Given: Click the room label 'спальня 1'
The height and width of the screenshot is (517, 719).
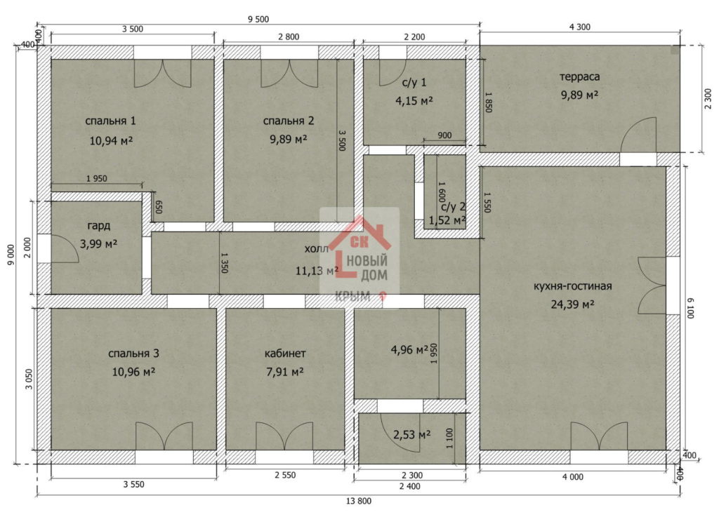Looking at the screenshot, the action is (110, 121).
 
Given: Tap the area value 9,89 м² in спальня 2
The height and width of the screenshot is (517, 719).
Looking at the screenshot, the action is (289, 139).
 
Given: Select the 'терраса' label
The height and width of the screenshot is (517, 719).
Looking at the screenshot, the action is (579, 77).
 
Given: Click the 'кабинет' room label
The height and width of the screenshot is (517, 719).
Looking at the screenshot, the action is (285, 354).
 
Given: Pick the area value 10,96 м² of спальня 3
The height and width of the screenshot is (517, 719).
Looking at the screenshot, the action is (133, 371).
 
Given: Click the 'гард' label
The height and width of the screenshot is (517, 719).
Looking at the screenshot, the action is (98, 226).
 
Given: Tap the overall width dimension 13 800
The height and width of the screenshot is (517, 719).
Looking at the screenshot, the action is (359, 501).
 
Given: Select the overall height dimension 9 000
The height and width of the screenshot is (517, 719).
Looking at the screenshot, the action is (11, 254).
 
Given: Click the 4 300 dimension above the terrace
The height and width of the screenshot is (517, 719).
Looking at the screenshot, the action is (579, 27).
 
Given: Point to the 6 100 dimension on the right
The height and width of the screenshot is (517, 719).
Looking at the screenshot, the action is (691, 308).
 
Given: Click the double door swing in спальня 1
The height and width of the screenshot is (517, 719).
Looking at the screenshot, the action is (162, 73).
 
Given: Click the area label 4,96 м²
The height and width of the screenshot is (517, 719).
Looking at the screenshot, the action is (409, 350).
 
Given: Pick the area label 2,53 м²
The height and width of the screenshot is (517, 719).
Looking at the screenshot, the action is (411, 434).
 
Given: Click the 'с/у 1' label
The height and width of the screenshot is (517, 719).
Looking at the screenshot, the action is (414, 83).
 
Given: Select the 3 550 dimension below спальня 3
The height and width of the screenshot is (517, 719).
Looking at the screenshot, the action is (133, 484).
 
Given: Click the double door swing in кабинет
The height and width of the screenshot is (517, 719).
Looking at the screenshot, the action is (284, 436).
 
